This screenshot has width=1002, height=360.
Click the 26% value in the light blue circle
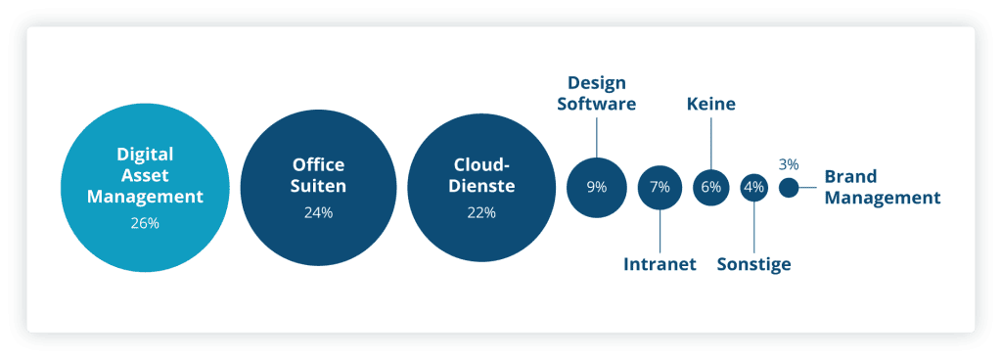click(x=145, y=224)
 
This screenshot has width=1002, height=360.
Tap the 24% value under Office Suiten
click(x=318, y=213)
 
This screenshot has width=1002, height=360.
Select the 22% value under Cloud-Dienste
click(x=481, y=213)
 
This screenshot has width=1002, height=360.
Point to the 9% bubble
click(x=596, y=188)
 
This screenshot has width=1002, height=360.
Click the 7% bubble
click(x=660, y=188)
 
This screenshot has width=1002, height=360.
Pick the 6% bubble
click(x=711, y=188)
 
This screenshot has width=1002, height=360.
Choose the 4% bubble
click(x=754, y=188)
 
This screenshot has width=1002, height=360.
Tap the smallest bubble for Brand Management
click(x=789, y=188)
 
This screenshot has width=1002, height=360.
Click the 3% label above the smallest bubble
click(x=789, y=164)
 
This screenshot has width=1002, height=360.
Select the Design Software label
click(x=597, y=93)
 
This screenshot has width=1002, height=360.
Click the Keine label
click(x=711, y=104)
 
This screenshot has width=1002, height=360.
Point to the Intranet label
click(x=660, y=264)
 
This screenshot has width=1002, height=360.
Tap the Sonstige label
click(x=754, y=264)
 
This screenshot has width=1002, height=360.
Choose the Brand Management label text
click(x=883, y=187)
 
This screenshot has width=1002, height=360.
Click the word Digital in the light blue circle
click(x=145, y=155)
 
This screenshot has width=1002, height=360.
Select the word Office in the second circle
click(x=318, y=164)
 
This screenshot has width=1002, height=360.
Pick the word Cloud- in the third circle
click(x=481, y=164)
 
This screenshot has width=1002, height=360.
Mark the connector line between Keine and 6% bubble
click(x=711, y=143)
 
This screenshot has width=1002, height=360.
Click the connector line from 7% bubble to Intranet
click(x=660, y=231)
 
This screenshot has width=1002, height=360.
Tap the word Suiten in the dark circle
click(x=318, y=187)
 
